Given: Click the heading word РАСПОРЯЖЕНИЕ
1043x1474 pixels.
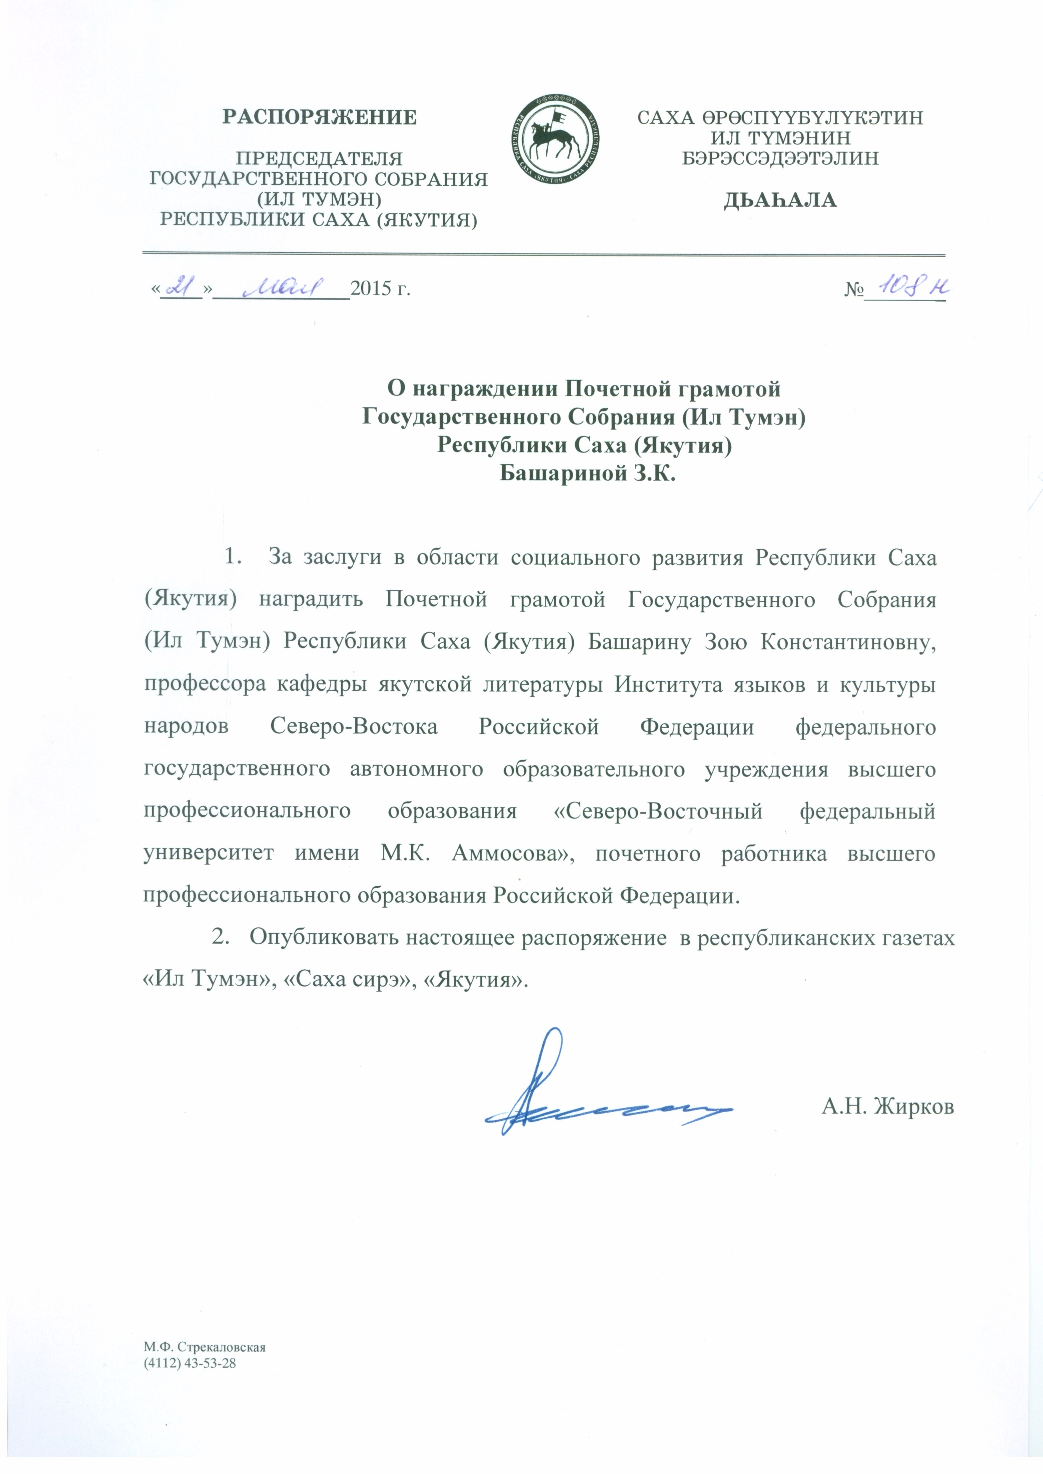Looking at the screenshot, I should [x=319, y=118].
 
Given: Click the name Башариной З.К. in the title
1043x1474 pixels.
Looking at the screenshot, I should [x=588, y=474].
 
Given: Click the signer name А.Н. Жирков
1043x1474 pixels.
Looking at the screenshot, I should [x=887, y=1107].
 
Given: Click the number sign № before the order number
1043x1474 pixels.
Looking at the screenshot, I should [x=853, y=290].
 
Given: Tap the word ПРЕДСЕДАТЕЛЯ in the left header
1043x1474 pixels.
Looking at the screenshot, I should [x=319, y=158].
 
